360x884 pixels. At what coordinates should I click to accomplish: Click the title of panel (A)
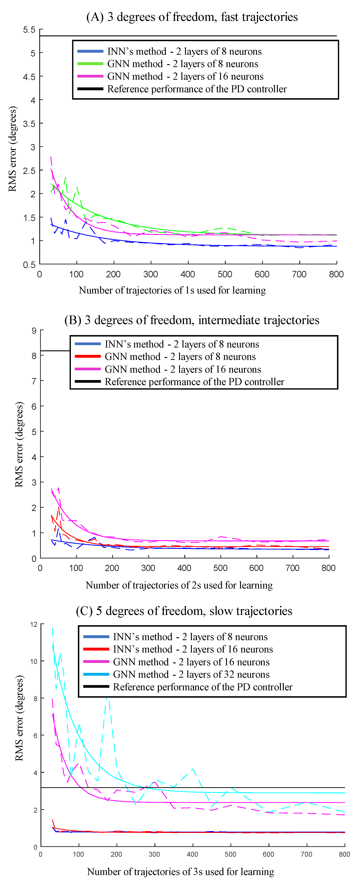tap(192, 17)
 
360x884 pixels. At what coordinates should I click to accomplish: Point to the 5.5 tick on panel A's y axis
tap(29, 30)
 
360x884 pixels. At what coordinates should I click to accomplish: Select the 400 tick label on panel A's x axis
tap(188, 274)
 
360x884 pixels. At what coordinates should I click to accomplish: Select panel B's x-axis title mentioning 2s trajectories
tap(179, 585)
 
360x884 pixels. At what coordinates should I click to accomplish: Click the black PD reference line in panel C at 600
tap(268, 788)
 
